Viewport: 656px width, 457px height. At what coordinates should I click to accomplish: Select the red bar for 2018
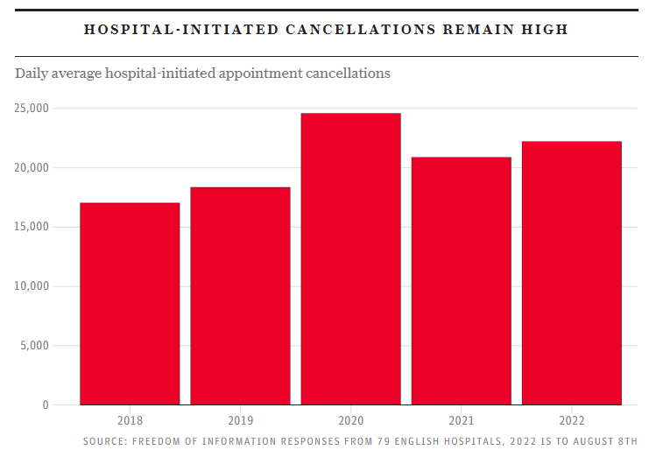130,304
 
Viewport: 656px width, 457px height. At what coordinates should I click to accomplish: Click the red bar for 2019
240,296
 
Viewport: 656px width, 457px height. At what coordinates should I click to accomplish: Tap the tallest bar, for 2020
350,259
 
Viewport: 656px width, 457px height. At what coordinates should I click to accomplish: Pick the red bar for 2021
461,281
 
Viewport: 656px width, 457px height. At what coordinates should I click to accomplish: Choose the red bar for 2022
571,273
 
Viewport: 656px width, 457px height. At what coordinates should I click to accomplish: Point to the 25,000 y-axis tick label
32,109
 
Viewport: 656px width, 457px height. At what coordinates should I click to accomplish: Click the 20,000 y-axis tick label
32,168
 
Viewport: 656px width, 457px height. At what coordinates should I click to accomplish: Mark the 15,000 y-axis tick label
32,227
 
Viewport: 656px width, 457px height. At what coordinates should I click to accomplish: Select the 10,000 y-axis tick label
32,286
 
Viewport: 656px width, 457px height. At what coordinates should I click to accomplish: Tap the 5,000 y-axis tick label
35,346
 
